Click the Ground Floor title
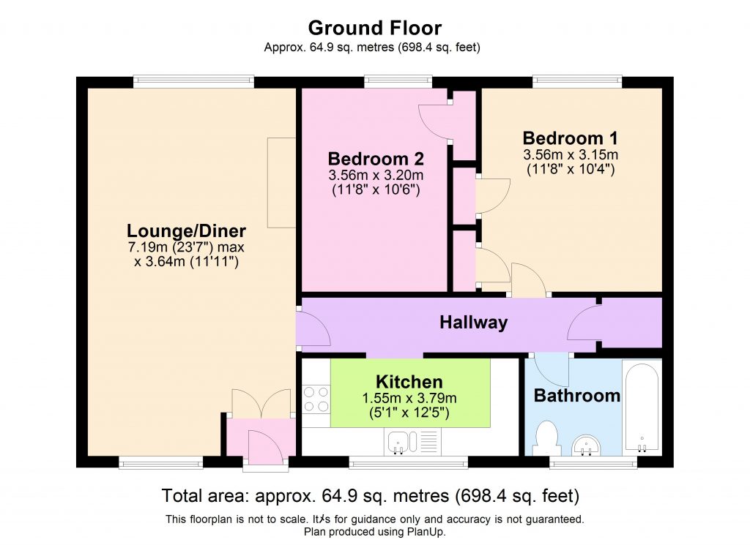tap(374, 29)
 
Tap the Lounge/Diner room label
tap(186, 230)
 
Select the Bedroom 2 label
tap(376, 159)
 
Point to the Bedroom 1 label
tap(570, 138)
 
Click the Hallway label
tap(473, 322)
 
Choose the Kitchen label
tap(409, 381)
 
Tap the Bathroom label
tap(576, 396)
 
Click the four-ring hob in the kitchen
tap(316, 399)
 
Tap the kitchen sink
tap(402, 441)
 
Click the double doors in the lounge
tap(261, 402)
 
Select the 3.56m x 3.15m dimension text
tap(570, 155)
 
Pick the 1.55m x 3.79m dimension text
tap(409, 398)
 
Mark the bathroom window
tap(593, 462)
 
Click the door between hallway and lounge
tap(311, 328)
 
